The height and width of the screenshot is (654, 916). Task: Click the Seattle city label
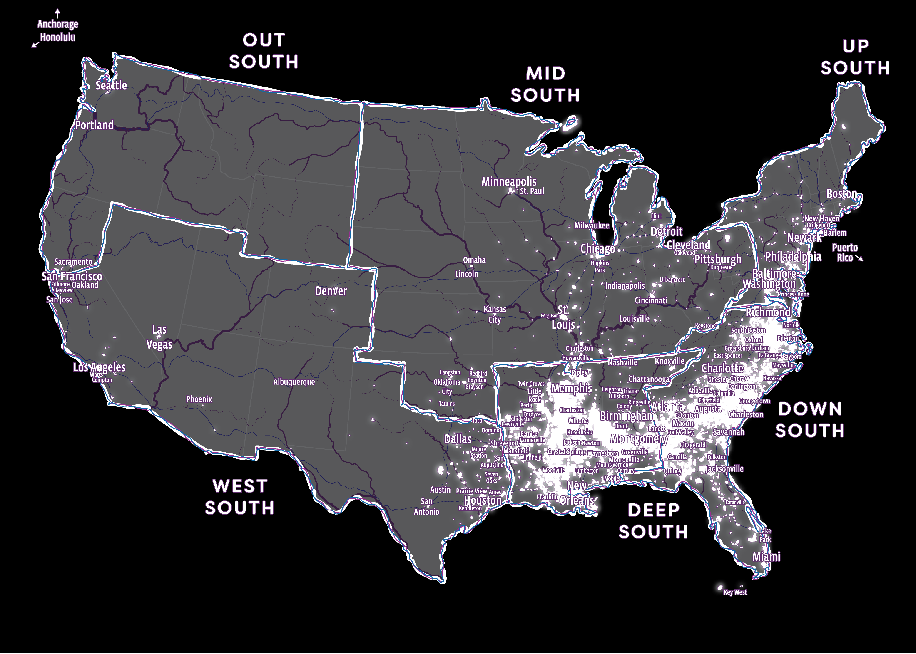point(111,85)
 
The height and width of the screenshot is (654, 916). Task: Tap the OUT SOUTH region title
point(264,51)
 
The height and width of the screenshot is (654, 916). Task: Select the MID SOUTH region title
point(545,84)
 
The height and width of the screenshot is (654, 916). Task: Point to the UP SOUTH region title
point(855,57)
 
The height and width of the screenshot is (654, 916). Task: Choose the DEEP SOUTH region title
point(653,521)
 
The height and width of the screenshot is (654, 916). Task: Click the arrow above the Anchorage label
point(58,13)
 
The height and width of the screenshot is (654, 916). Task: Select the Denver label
point(331,291)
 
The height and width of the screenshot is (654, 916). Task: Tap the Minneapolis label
point(509,182)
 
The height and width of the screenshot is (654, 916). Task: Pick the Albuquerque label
point(294,382)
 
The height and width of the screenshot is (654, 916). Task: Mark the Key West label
point(735,592)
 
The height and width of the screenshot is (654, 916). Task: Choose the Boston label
point(841,194)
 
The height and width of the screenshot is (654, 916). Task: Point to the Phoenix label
point(199,399)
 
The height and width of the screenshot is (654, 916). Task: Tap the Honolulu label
point(58,37)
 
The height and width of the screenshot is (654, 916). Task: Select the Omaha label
point(474,260)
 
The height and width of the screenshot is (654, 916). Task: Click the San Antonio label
point(427,507)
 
